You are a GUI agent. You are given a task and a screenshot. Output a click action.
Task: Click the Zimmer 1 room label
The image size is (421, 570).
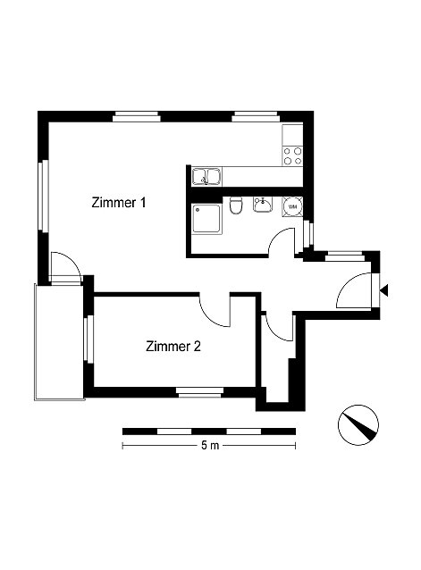[119, 203]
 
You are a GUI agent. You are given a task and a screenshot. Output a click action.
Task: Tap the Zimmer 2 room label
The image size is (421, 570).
[173, 346]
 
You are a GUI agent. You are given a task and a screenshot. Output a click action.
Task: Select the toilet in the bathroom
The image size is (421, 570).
[236, 205]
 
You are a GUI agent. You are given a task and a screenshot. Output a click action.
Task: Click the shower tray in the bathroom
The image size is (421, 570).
[206, 219]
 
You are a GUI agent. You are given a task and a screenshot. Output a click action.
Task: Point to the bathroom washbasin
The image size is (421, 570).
[262, 205]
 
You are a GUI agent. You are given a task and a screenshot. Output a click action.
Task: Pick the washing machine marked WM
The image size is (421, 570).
[292, 206]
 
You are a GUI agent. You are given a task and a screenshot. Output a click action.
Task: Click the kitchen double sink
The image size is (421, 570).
[206, 176]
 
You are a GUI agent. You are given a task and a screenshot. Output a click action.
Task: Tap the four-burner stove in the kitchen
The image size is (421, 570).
[292, 155]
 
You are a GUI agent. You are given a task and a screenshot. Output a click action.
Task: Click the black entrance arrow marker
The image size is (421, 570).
[384, 290]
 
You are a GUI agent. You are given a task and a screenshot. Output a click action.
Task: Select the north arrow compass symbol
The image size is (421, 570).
[358, 425]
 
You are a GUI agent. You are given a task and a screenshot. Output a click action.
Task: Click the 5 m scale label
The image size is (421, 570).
[210, 445]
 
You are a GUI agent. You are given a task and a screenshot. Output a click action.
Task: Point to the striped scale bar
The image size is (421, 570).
[208, 432]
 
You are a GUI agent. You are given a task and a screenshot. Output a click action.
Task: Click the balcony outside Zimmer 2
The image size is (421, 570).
[59, 342]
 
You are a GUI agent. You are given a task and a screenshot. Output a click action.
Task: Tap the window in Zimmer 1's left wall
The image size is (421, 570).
[44, 196]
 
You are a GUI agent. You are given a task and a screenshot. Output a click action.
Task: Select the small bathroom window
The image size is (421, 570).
[308, 234]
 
